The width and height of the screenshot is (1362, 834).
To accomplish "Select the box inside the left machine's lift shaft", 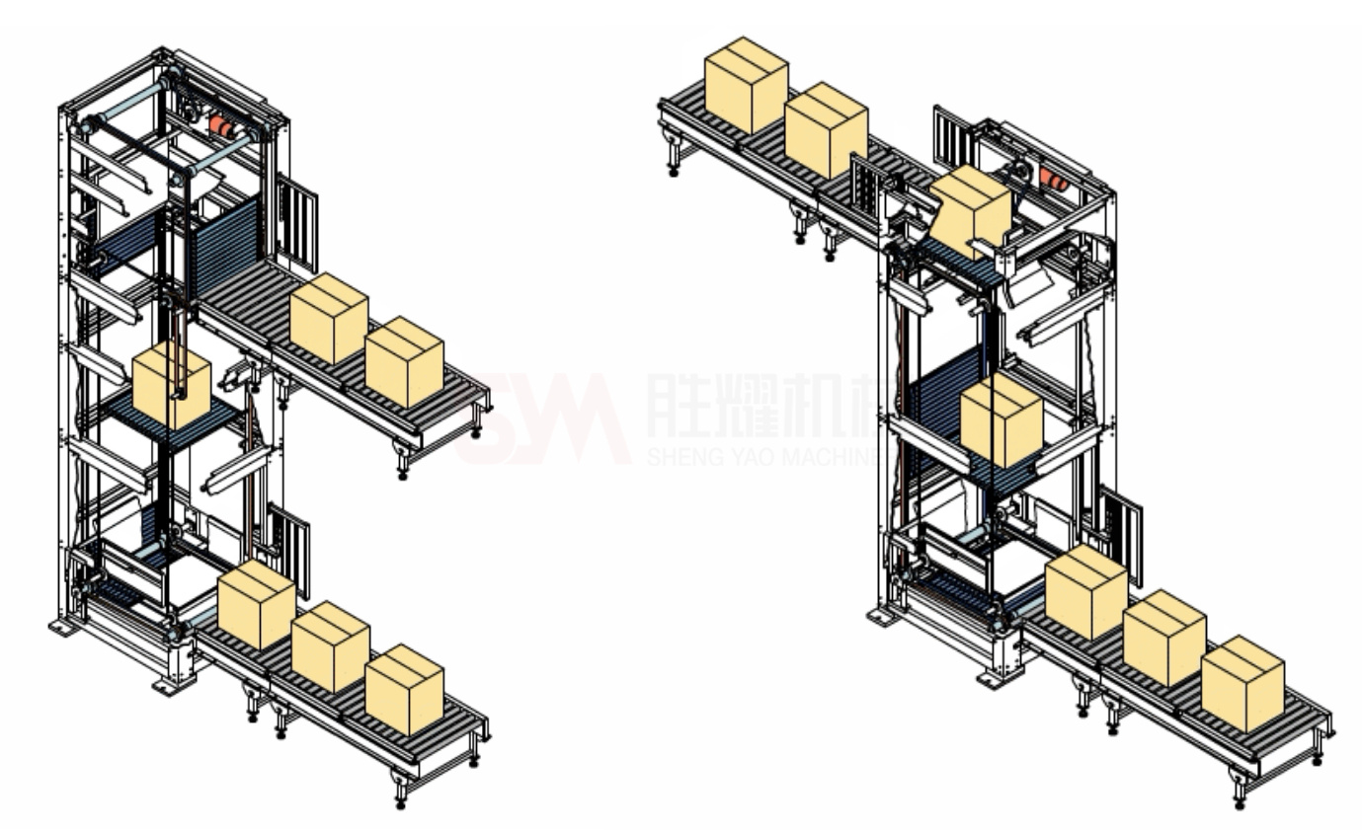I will tap(171, 386).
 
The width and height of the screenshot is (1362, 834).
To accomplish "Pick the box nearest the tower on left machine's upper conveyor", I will tap(329, 318).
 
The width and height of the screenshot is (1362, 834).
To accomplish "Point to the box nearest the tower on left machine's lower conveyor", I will tap(256, 604).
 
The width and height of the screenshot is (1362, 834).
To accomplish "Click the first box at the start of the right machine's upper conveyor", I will tap(746, 84).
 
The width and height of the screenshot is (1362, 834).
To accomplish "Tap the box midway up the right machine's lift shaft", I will tap(1001, 418).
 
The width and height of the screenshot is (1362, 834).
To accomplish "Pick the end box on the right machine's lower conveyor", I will tap(1242, 683).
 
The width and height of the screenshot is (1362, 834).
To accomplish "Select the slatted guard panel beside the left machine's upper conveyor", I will tap(298, 217).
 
